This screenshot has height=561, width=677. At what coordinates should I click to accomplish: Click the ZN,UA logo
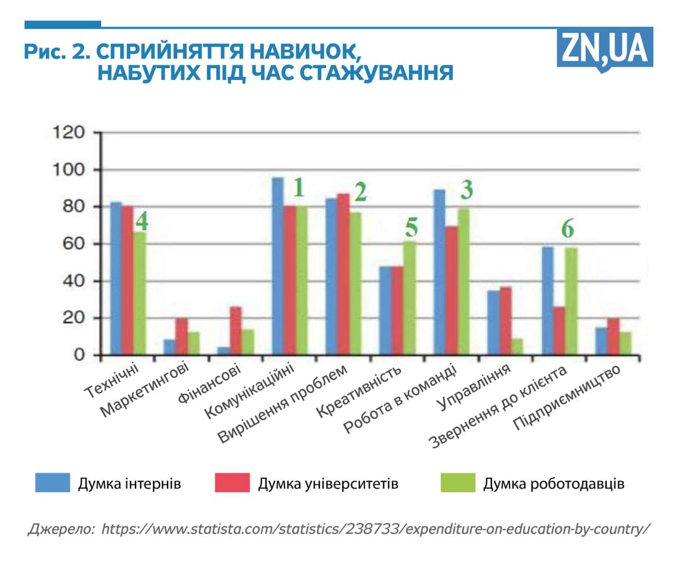[605, 49]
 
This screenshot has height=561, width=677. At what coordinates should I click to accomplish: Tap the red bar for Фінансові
[235, 330]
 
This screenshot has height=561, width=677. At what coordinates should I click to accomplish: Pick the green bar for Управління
[517, 347]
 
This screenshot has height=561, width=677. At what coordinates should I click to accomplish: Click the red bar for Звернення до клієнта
[559, 330]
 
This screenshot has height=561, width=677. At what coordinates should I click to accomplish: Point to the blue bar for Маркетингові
[169, 347]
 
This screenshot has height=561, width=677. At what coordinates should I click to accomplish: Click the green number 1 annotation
[299, 188]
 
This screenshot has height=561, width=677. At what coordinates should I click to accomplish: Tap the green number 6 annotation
[568, 229]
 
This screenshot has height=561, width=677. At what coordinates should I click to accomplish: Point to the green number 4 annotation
[142, 221]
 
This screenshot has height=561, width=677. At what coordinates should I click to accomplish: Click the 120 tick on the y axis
[68, 132]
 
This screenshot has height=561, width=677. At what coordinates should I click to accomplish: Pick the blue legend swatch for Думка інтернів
[52, 483]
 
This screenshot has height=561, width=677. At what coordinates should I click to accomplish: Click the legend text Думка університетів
[328, 483]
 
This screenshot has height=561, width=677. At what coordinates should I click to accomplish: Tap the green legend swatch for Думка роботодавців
[458, 483]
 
